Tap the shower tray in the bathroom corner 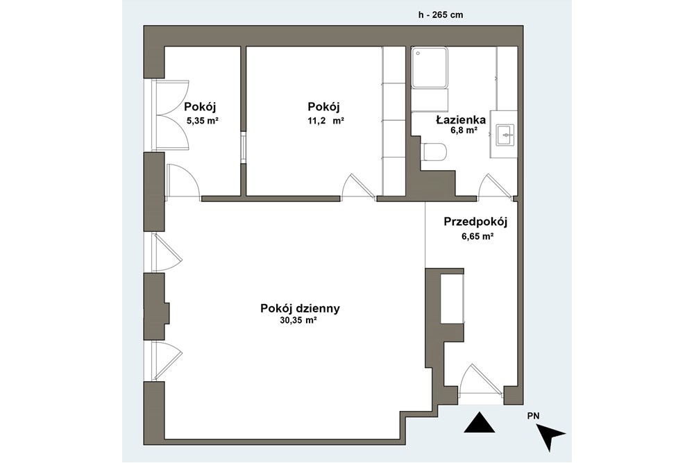pos(430,68)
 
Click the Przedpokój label pos(476,222)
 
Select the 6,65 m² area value pos(477,236)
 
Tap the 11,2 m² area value pos(325,120)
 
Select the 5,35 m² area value pos(203,120)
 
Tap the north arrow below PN pos(552,437)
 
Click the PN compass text pos(533,416)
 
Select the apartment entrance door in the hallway pos(479,380)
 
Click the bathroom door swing pos(494,187)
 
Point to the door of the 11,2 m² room pos(359,187)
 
